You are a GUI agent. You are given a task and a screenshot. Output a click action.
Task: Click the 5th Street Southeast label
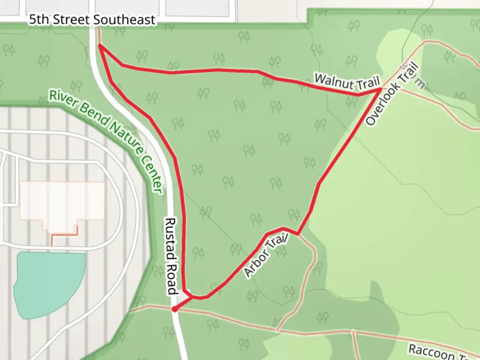92,20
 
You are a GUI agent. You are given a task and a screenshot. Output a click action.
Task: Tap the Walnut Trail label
347,82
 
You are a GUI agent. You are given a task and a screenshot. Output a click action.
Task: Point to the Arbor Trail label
266,255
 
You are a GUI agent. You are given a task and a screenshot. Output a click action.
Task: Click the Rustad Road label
171,256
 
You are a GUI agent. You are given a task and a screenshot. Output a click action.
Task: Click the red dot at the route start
174,309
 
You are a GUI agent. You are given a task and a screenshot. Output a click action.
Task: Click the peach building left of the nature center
62,201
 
